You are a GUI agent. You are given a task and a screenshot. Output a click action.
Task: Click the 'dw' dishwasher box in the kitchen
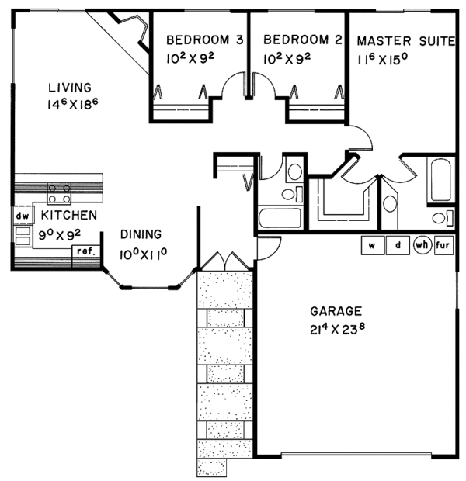click(22, 215)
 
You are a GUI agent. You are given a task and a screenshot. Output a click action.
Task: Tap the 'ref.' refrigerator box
click(82, 251)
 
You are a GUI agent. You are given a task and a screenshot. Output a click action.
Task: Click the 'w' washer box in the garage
click(372, 245)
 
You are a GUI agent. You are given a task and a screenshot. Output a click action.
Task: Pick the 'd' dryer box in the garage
click(398, 245)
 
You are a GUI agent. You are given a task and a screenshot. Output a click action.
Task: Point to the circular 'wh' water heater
click(422, 245)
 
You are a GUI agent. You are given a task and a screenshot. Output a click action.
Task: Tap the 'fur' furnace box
click(444, 245)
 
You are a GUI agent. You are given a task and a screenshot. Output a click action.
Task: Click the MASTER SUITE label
click(403, 41)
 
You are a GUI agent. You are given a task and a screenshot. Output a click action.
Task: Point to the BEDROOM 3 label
click(198, 40)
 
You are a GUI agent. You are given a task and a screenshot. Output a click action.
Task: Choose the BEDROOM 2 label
click(297, 40)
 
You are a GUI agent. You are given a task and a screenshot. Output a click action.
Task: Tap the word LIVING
click(69, 87)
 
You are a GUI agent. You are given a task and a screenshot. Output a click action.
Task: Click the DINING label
click(141, 234)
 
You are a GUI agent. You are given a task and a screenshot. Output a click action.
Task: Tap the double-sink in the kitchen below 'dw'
click(21, 234)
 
